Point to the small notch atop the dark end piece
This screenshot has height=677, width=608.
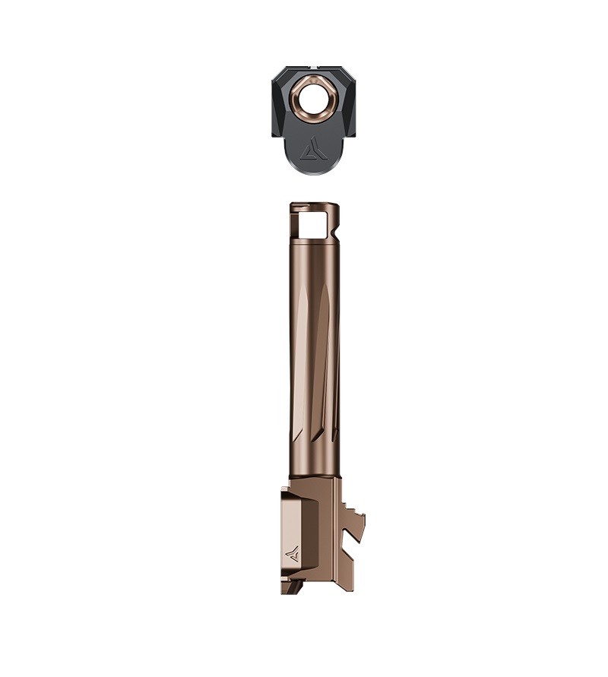(313, 70)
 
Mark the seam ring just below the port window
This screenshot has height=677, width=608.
(313, 242)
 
